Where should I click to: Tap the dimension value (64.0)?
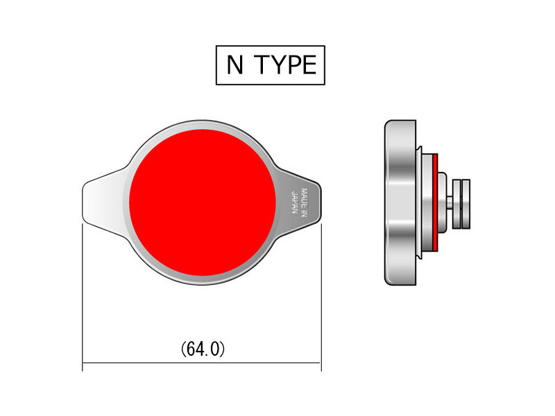point(203,349)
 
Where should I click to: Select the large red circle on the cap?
point(203,201)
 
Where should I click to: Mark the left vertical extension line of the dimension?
point(83,298)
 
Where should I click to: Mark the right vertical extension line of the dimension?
point(321,298)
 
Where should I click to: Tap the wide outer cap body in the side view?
point(400,202)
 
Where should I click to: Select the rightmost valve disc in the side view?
point(466,202)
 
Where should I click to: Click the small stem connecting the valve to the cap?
point(450,202)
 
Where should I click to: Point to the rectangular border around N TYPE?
point(271,46)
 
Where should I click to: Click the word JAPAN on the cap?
point(295,202)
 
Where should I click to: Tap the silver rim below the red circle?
point(203,279)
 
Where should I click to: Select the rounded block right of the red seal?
point(442,202)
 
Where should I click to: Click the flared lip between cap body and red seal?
point(420,202)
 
